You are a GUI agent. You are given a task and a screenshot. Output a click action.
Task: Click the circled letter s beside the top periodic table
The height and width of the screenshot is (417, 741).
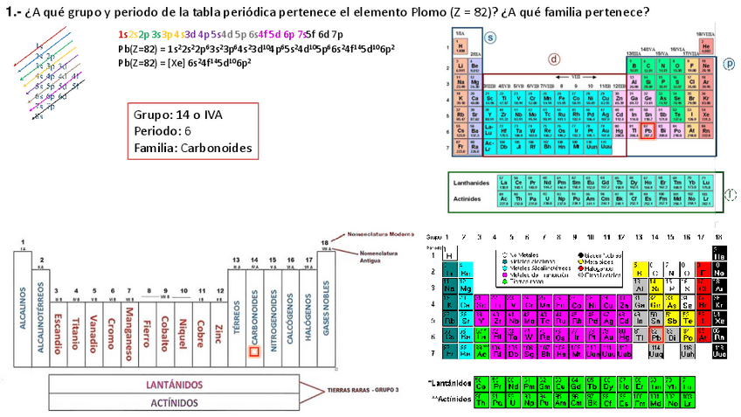[x=490, y=38]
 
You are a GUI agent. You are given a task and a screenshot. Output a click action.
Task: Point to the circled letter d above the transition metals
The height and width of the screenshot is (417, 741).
[x=553, y=59]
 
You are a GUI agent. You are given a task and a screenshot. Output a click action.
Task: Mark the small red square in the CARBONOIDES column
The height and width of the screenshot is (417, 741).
[x=254, y=351]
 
